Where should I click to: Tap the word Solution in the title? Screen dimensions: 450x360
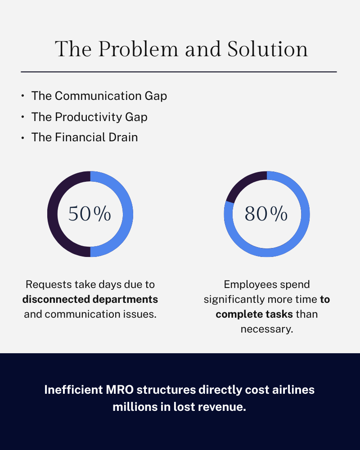click(x=268, y=49)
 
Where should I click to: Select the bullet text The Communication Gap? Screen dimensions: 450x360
click(x=99, y=96)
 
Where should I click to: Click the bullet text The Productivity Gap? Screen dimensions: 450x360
click(x=89, y=117)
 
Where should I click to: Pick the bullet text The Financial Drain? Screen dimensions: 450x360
click(x=85, y=137)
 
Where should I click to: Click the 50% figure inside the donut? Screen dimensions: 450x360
click(x=90, y=214)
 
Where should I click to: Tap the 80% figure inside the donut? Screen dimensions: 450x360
click(x=266, y=214)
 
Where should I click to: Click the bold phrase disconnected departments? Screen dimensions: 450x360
click(x=90, y=299)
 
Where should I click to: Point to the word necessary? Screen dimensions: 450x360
click(x=266, y=329)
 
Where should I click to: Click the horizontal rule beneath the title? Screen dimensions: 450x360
click(x=179, y=72)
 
